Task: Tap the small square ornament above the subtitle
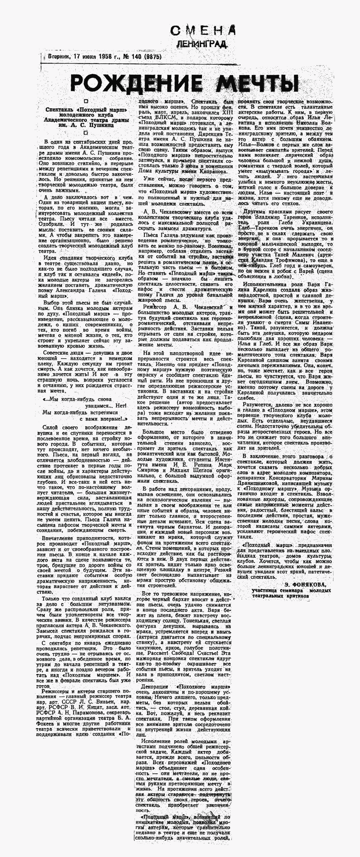pyautogui.click(x=86, y=101)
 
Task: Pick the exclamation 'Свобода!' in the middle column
pyautogui.click(x=185, y=653)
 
